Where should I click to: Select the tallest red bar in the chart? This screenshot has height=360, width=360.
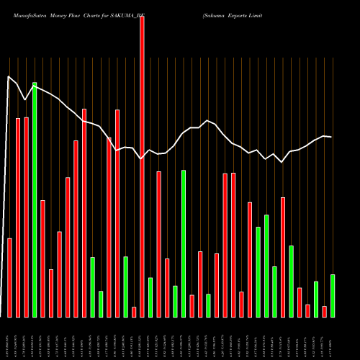click(142, 166)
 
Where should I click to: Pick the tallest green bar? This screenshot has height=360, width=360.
click(35, 199)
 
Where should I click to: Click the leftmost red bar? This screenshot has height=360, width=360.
click(9, 277)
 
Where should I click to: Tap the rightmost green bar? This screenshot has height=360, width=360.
click(333, 295)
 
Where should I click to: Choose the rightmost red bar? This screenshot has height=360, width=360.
click(324, 311)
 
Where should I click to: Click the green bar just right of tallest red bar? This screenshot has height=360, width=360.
click(150, 297)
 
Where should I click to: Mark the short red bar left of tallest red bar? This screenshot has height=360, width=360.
click(134, 312)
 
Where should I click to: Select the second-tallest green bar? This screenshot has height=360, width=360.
click(184, 243)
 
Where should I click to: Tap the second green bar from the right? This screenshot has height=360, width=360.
click(316, 299)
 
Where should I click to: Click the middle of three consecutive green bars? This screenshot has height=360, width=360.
click(266, 266)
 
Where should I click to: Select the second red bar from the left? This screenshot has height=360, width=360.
click(18, 217)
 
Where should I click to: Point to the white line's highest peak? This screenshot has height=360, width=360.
click(9, 76)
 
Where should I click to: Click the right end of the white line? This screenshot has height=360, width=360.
click(331, 137)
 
